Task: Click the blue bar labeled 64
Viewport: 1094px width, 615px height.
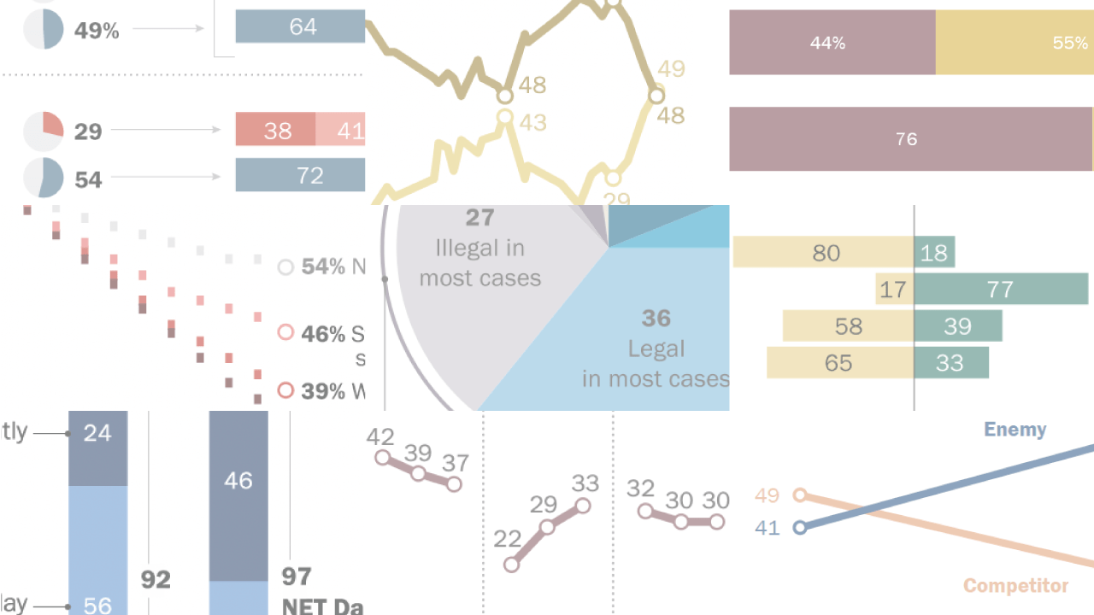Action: coord(300,26)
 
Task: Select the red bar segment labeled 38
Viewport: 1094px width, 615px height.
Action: coord(275,130)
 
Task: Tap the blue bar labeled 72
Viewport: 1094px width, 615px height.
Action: coord(300,175)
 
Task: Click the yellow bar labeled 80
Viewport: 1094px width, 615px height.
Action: coord(823,253)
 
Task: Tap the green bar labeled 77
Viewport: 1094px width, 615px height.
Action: coord(1001,290)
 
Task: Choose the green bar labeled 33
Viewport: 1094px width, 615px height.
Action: coord(951,363)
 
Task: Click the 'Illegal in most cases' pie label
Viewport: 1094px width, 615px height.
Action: coord(479,262)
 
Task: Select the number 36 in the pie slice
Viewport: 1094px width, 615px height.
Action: coord(656,319)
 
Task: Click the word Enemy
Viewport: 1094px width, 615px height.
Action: coord(1015,430)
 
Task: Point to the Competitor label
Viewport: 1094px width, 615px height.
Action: coord(1015,585)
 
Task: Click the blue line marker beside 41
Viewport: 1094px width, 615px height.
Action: coord(800,528)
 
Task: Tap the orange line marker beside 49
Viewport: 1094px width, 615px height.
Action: coord(800,495)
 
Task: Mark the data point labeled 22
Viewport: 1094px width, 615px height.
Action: coord(511,564)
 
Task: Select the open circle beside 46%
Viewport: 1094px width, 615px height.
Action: coord(286,332)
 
